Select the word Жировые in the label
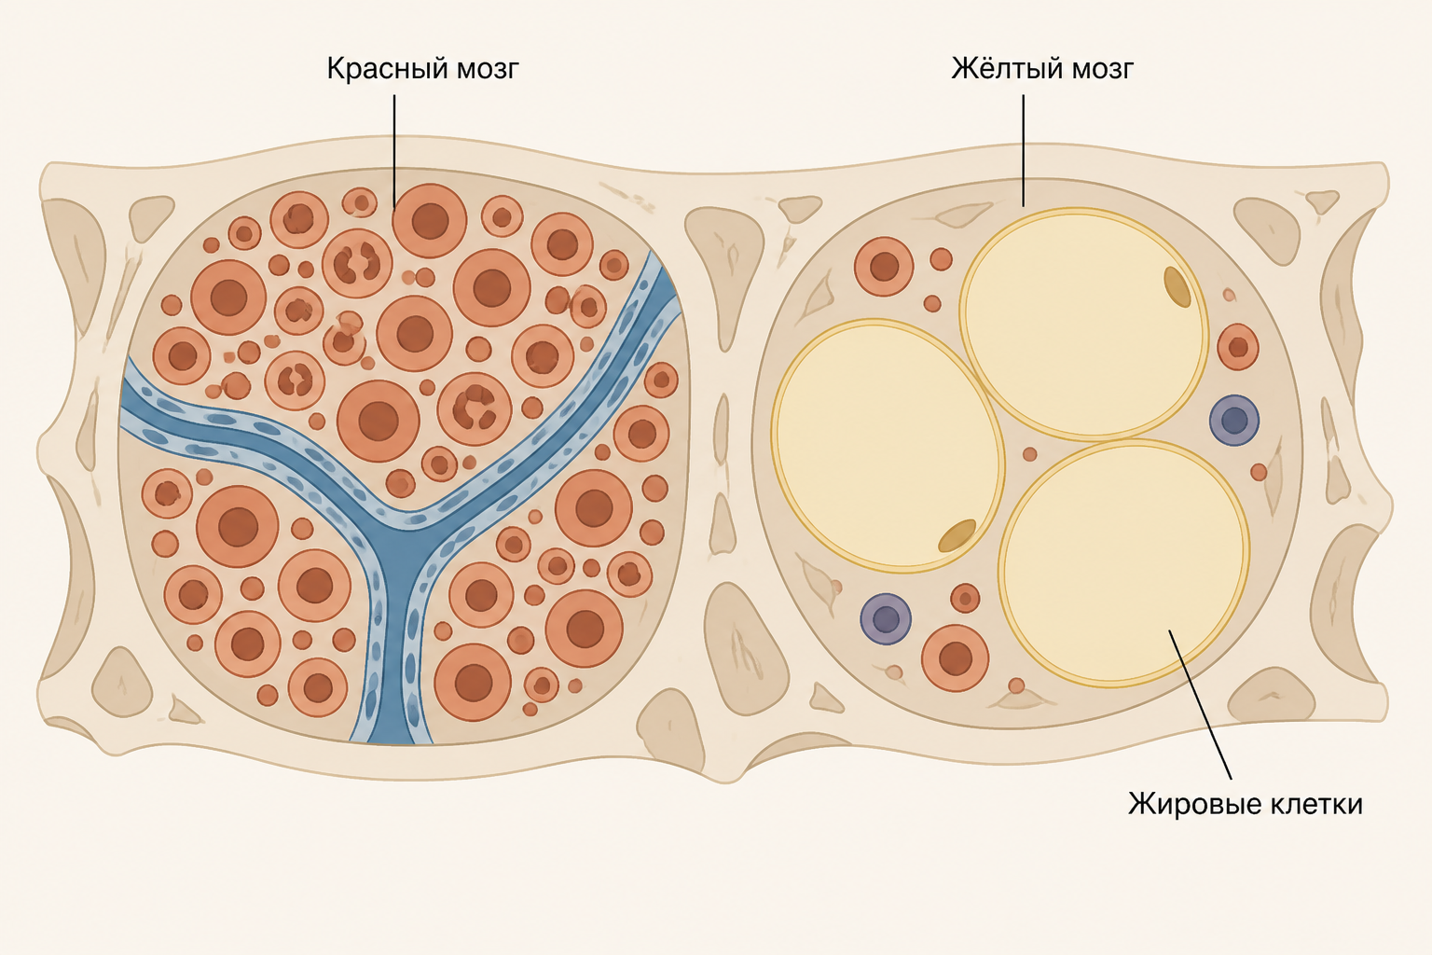coord(1191,804)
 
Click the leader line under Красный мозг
coord(394,152)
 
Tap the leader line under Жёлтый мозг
coord(1024,151)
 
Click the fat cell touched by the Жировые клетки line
coord(1123,563)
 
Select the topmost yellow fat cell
coord(1084,325)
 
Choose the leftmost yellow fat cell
coord(888,446)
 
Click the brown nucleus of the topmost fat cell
coord(1177,287)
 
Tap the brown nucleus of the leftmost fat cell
coord(957,536)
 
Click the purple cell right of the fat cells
coord(1233,421)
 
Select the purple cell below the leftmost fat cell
coord(886,618)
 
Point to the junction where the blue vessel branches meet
coord(402,544)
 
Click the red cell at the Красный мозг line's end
coord(430,221)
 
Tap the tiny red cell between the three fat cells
coord(1029,454)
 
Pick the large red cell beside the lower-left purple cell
coord(955,657)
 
